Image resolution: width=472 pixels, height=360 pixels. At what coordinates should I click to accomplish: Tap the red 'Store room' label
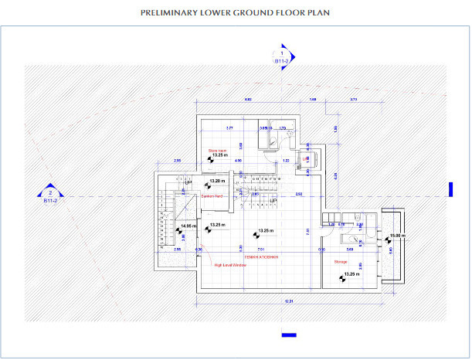click(217, 151)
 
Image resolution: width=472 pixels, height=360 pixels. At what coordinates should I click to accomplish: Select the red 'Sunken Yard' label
click(212, 196)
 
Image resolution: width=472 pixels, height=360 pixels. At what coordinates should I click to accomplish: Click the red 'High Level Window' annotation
click(229, 265)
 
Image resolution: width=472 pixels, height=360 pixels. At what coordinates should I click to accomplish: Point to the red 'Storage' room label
click(340, 262)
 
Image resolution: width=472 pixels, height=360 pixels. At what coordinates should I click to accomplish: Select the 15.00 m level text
click(396, 235)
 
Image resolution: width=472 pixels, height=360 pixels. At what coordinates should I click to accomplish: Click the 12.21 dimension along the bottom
click(289, 300)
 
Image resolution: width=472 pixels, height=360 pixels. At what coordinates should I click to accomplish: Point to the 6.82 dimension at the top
click(248, 100)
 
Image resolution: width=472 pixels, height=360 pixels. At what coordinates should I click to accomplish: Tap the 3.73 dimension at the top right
click(353, 100)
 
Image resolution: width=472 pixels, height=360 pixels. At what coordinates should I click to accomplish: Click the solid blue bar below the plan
click(289, 335)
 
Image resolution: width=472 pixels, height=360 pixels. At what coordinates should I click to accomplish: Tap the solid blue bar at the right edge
click(450, 189)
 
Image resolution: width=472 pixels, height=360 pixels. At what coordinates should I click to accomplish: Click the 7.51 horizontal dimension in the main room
click(261, 249)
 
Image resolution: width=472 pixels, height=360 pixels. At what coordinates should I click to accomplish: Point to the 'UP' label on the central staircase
click(273, 199)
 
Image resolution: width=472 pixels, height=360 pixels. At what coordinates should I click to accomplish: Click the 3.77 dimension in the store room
click(229, 127)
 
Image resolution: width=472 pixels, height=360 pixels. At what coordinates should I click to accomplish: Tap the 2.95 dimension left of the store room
click(177, 161)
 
